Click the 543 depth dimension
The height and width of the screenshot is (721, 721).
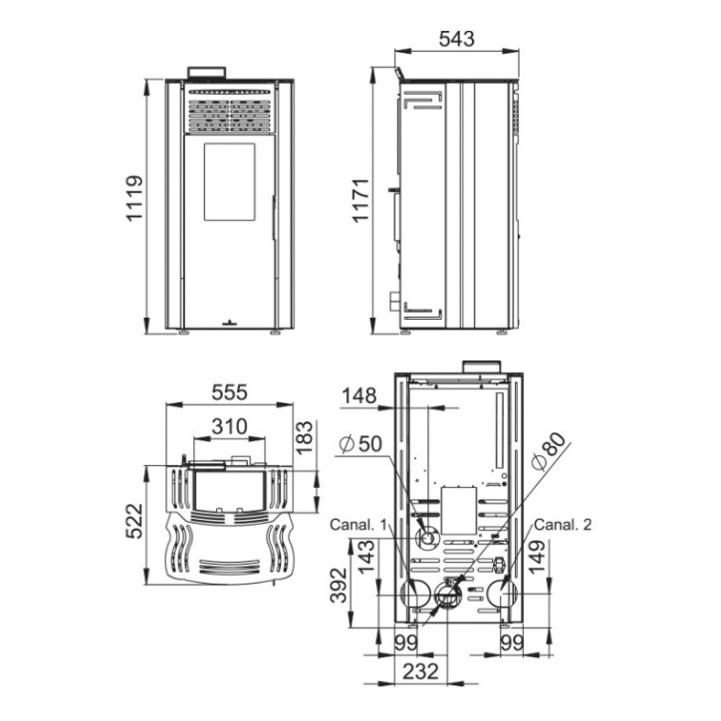456,39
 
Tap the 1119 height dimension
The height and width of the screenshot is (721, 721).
134,198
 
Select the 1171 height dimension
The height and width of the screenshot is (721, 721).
360,200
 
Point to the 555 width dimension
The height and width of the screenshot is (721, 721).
229,392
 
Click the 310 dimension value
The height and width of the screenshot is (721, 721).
229,426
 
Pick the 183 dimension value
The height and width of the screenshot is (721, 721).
304,437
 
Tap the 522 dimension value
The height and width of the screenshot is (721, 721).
134,521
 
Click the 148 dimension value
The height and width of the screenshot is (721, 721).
360,396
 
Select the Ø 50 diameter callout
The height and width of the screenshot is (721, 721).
360,444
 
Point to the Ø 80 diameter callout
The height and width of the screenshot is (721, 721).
548,451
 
